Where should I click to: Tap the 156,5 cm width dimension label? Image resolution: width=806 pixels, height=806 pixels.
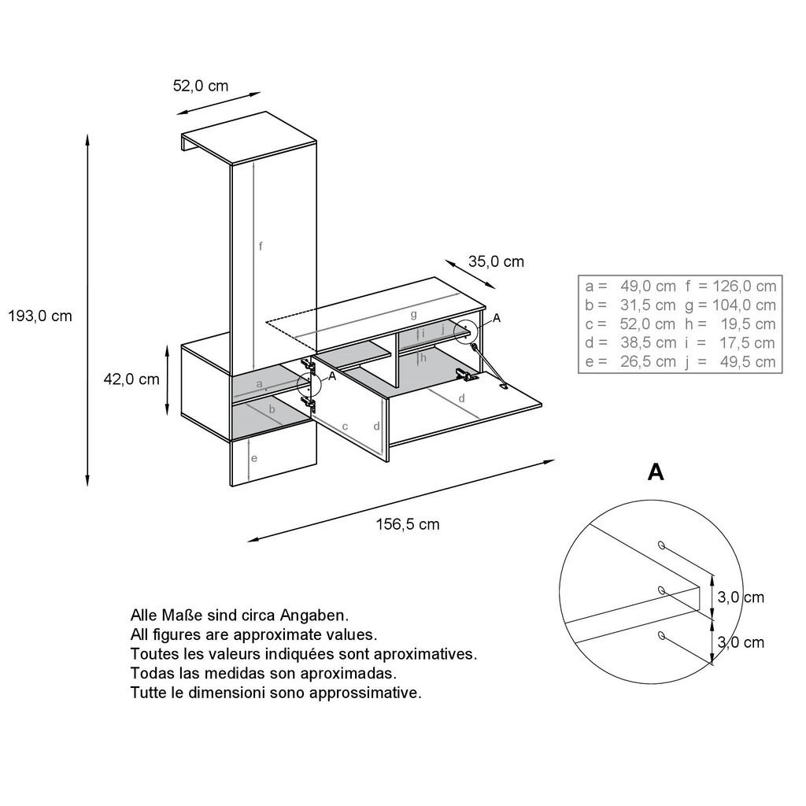tap(407, 525)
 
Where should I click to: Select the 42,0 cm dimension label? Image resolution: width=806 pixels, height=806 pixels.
tap(131, 379)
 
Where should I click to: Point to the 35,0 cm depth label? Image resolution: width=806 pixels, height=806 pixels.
tap(496, 262)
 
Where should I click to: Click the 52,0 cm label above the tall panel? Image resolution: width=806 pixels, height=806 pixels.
tap(201, 86)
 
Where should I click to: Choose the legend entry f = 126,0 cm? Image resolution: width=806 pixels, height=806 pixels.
tap(731, 287)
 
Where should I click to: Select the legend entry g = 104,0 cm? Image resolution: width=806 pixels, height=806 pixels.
tap(731, 305)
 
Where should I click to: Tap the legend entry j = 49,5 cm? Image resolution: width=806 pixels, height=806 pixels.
tap(731, 362)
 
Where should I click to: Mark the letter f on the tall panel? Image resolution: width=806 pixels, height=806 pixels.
tap(261, 246)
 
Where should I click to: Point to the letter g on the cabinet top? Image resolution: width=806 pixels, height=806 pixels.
tap(413, 314)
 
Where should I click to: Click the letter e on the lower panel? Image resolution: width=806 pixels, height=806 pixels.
tap(253, 459)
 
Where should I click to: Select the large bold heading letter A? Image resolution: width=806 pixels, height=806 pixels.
tap(655, 472)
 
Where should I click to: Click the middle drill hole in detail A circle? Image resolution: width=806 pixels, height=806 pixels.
tap(661, 589)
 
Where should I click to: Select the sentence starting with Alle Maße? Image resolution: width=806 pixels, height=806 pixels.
tap(238, 615)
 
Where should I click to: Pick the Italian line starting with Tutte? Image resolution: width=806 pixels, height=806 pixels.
tap(275, 693)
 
